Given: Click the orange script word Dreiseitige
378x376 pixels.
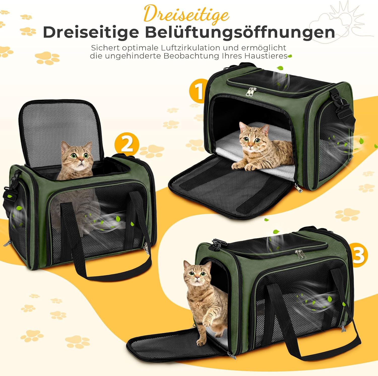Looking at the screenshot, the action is (186, 14).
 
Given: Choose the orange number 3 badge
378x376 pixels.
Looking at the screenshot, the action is (358, 255).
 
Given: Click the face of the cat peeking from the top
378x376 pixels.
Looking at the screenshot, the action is (80, 156).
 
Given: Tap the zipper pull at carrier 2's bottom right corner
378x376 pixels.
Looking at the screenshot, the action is (146, 250).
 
